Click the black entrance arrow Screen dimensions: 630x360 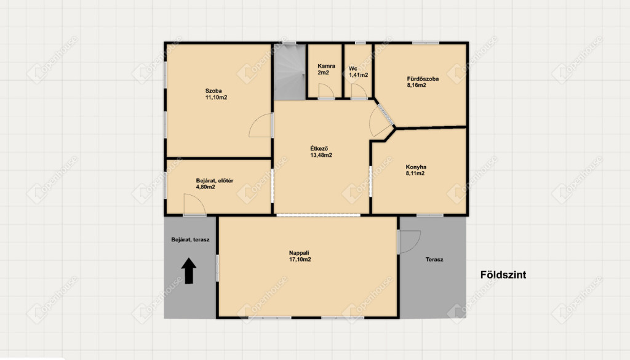pyautogui.click(x=189, y=271)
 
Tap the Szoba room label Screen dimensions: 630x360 pyautogui.click(x=213, y=91)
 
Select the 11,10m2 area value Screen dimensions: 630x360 pyautogui.click(x=216, y=97)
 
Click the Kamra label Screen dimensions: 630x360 pyautogui.click(x=326, y=66)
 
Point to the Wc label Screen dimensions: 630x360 pyautogui.click(x=353, y=68)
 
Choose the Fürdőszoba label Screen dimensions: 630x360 pyautogui.click(x=423, y=79)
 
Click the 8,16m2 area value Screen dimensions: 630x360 pyautogui.click(x=417, y=85)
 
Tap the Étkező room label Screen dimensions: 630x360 pyautogui.click(x=319, y=149)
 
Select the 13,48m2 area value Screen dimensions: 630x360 pyautogui.click(x=321, y=155)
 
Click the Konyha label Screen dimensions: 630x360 pyautogui.click(x=416, y=167)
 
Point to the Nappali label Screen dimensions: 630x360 pyautogui.click(x=299, y=253)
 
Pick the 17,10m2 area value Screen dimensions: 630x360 pyautogui.click(x=300, y=260)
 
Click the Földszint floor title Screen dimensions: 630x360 pyautogui.click(x=503, y=275)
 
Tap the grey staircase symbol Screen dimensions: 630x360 pyautogui.click(x=290, y=71)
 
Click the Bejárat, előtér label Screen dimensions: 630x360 pyautogui.click(x=215, y=181)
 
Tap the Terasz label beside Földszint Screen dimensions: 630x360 pyautogui.click(x=434, y=260)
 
